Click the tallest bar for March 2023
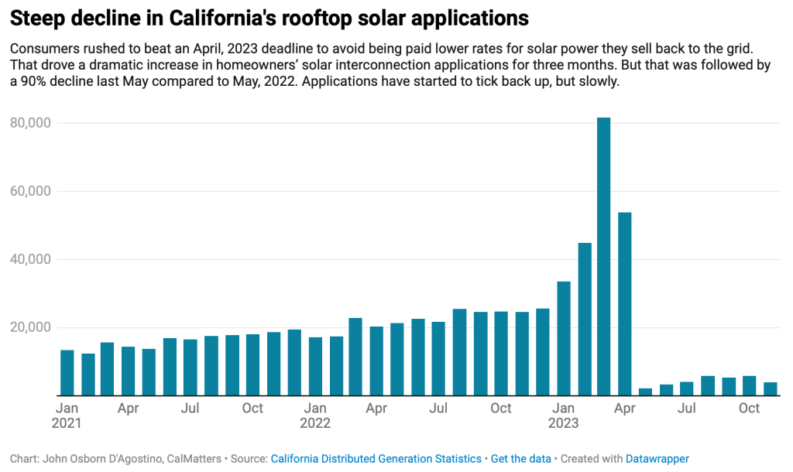coord(604,255)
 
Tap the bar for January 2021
coord(67,372)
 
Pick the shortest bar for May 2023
coord(646,392)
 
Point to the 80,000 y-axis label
coord(32,123)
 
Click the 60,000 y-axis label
coord(32,191)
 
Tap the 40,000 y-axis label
coord(32,259)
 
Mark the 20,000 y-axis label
coord(32,327)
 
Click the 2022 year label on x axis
coord(314,423)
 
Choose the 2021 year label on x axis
coord(67,423)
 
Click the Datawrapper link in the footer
coord(657,459)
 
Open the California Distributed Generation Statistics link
coord(376,459)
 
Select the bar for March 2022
coord(355,357)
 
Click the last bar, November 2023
coord(771,388)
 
